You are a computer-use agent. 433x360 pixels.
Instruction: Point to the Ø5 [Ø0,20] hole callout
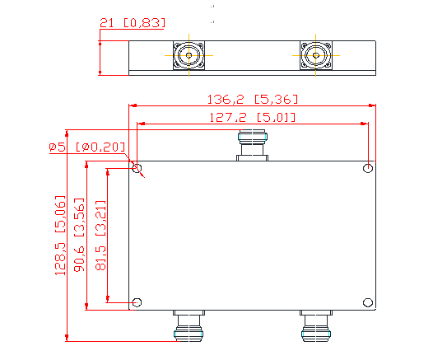(x=86, y=147)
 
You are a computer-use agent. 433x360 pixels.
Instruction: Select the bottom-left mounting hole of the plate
(x=137, y=302)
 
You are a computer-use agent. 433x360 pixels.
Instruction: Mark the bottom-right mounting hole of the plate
(x=368, y=302)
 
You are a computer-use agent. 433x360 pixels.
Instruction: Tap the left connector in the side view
(x=189, y=56)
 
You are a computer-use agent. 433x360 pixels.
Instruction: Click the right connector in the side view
(x=316, y=56)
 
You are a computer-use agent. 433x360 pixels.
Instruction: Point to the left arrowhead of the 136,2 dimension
(x=132, y=105)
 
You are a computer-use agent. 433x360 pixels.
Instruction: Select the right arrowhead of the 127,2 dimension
(x=365, y=123)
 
